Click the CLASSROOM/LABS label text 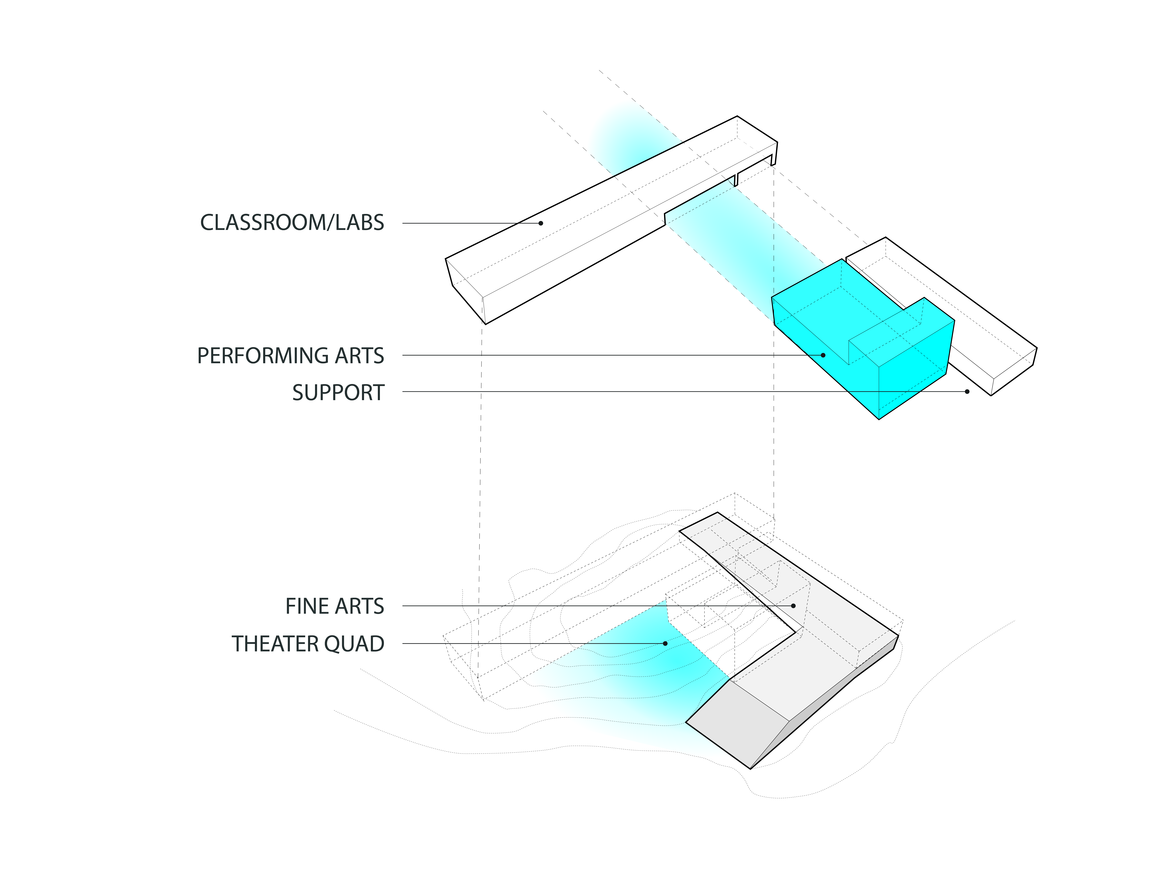[x=292, y=223]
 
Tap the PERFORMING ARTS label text [x=290, y=356]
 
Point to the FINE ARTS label [x=334, y=606]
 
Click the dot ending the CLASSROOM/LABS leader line [x=541, y=223]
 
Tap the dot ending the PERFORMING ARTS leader [x=823, y=355]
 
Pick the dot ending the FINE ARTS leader [x=793, y=606]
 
